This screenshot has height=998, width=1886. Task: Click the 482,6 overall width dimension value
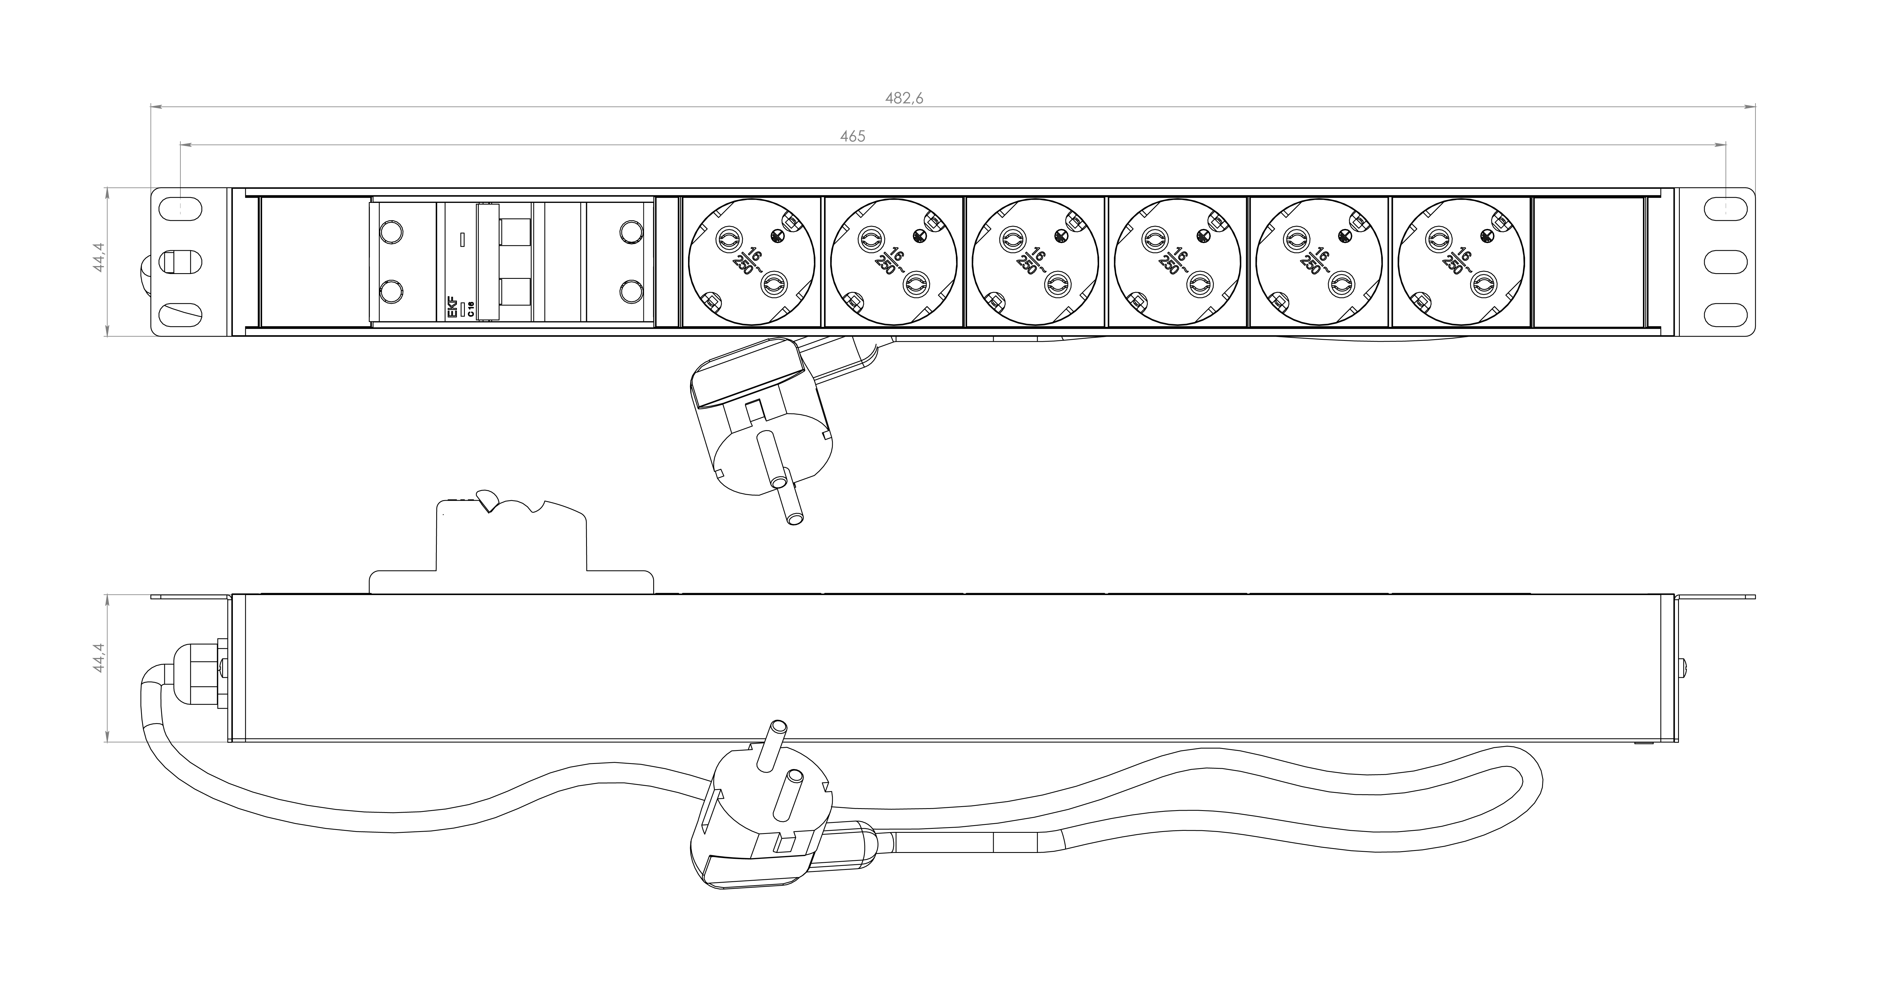904,98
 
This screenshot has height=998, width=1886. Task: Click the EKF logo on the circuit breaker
452,307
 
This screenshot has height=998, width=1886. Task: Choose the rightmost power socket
1461,262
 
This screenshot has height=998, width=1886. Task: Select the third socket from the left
1035,262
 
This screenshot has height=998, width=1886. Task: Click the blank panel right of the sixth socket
1587,262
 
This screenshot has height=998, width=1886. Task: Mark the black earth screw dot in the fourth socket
1201,235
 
